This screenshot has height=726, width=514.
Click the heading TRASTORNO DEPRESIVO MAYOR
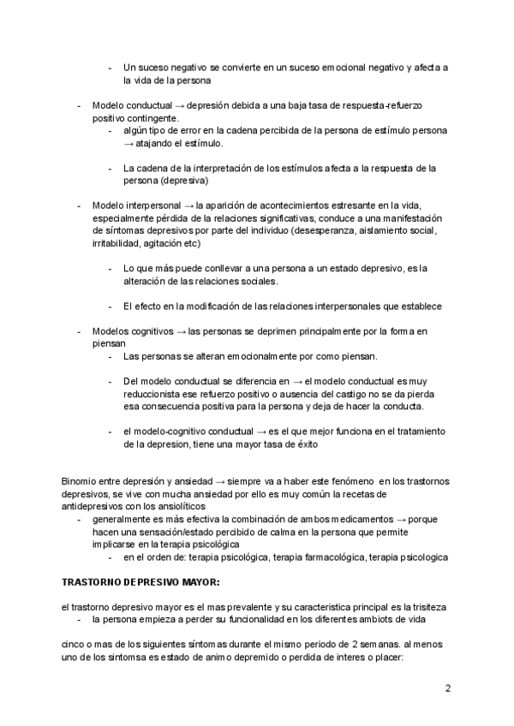click(141, 583)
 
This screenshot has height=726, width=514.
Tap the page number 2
click(447, 689)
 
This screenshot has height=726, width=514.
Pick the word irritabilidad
click(119, 245)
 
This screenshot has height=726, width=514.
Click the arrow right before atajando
click(128, 144)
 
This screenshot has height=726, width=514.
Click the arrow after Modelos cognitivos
click(181, 330)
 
